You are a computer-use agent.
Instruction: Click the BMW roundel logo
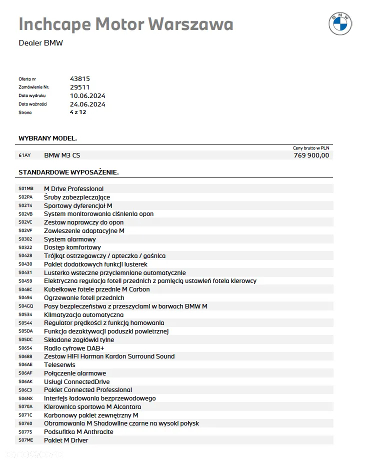pos(340,23)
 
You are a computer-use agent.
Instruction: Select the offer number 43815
pos(80,79)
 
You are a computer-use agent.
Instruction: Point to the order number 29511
pos(80,87)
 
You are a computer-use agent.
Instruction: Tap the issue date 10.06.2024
pos(87,95)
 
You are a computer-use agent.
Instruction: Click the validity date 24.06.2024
pos(87,104)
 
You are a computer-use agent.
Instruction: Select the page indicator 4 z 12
pos(78,112)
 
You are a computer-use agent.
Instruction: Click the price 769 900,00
pos(311,155)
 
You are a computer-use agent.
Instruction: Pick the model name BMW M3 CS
pos(62,155)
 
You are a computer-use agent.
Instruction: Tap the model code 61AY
pos(24,155)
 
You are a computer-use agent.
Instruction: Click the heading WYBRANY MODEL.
pos(47,138)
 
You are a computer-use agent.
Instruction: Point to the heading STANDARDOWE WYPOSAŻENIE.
pos(68,172)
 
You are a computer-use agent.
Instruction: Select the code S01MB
pos(26,189)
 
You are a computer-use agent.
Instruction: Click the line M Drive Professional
pos(73,189)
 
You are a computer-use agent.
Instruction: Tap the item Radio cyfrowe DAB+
pos(74,348)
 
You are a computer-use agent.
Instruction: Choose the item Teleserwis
pos(59,365)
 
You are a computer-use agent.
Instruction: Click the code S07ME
pos(25,440)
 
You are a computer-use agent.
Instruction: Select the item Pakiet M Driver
pos(66,440)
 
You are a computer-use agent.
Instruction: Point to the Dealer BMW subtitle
pos(40,43)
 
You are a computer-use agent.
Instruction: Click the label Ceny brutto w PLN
pos(311,148)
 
